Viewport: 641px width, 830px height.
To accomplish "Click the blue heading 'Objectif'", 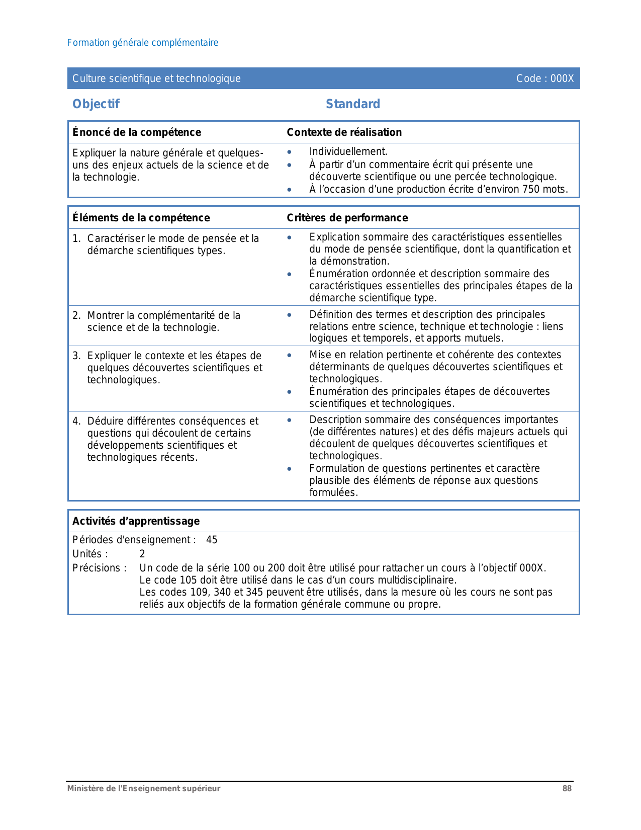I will point(96,104).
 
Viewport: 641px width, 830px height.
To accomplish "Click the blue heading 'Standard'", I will point(353,104).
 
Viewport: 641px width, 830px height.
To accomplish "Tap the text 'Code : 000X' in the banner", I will point(545,78).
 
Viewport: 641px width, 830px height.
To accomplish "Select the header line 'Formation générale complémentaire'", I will point(143,43).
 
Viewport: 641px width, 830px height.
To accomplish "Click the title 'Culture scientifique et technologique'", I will point(156,78).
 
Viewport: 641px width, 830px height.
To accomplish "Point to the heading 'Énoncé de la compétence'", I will point(137,132).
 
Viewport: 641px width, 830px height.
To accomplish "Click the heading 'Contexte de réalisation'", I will point(344,132).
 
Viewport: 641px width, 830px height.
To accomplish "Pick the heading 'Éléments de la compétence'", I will point(141,218).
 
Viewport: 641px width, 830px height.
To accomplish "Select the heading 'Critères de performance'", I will point(347,218).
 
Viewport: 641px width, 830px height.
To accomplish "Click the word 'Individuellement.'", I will point(348,152).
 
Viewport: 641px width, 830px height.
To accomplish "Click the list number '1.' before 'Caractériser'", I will point(76,238).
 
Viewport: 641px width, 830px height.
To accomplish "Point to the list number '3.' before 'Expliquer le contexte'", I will point(76,356).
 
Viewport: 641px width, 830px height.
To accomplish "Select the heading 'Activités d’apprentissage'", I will point(136,521).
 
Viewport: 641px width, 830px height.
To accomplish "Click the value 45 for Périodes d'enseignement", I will point(212,540).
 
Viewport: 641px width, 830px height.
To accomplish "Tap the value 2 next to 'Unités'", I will point(142,554).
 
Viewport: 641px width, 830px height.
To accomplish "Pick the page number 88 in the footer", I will point(567,788).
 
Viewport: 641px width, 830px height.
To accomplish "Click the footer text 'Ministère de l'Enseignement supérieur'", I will point(144,788).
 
